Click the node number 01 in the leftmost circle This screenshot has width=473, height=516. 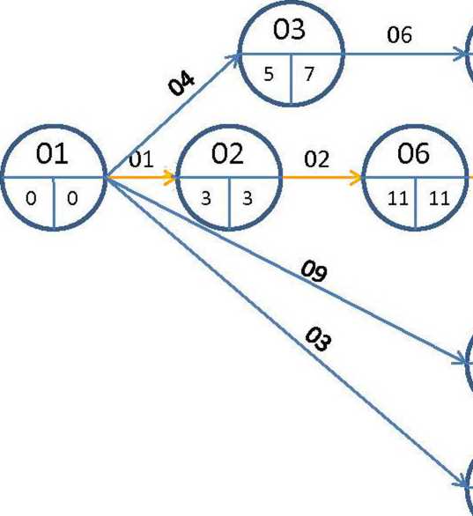[52, 154]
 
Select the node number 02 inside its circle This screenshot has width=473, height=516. [228, 154]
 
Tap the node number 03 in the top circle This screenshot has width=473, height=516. [289, 29]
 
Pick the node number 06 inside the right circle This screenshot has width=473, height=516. [413, 153]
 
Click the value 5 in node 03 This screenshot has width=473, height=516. [269, 74]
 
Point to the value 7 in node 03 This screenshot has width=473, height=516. [309, 74]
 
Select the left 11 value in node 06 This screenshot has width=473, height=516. [398, 198]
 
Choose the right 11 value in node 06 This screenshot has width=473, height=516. [440, 198]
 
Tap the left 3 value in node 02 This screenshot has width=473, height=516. [206, 198]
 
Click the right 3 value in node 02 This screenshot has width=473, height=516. [248, 198]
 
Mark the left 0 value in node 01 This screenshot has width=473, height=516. [31, 199]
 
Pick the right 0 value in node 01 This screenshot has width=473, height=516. [72, 199]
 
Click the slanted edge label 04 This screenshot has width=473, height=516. [181, 85]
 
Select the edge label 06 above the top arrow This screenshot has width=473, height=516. [399, 35]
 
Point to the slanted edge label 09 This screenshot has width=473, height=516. [314, 271]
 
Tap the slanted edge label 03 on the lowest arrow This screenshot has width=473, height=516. [318, 339]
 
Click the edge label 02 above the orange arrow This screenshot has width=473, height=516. [316, 159]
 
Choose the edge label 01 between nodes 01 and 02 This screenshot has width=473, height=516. [141, 159]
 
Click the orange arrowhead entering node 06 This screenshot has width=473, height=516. [356, 178]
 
